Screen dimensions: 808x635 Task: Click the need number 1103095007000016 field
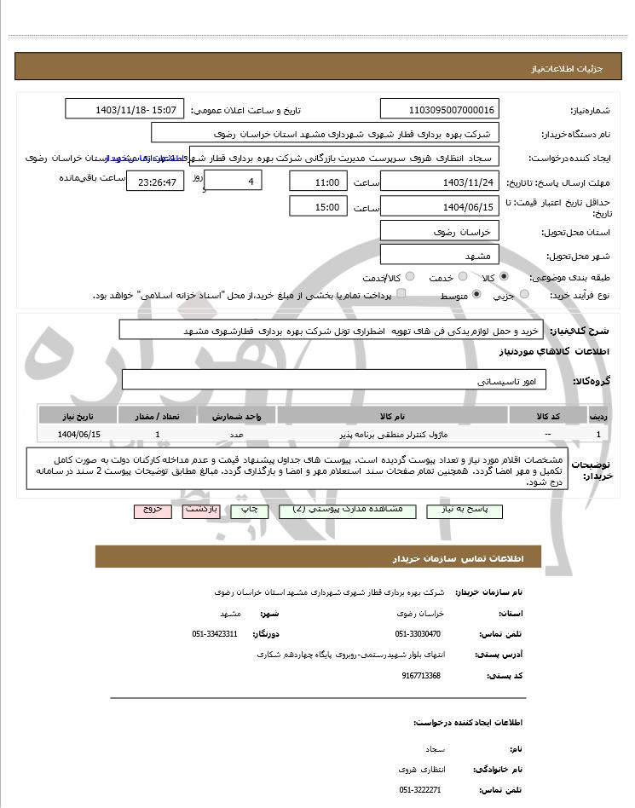439,110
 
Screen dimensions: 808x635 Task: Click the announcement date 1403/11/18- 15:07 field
124,110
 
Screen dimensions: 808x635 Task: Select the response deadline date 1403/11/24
439,182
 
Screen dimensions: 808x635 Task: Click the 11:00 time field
319,182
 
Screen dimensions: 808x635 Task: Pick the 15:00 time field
319,206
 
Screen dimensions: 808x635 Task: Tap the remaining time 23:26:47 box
154,182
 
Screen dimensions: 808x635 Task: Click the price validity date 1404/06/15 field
439,206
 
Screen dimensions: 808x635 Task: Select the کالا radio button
505,277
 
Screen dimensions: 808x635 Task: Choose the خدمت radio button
463,277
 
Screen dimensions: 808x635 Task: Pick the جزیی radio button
523,294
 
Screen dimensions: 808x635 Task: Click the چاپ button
249,511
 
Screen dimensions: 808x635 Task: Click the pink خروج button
153,511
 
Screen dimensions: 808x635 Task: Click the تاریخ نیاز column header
79,416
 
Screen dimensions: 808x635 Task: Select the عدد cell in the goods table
237,435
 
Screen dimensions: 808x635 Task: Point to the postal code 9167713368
421,675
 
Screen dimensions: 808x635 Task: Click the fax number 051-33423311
215,634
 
